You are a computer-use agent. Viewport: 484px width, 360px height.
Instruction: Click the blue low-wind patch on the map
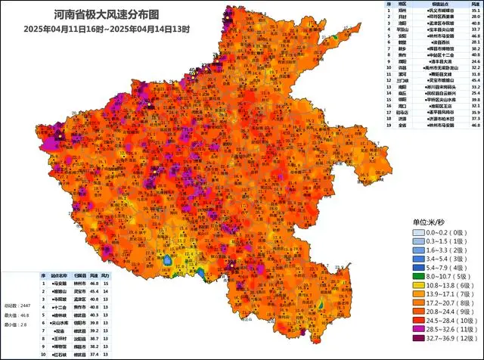[167, 261]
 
